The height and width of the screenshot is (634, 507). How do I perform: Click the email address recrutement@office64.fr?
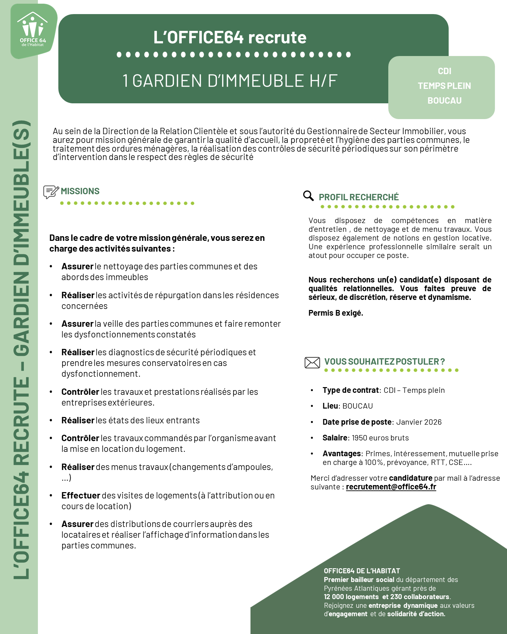[x=391, y=487]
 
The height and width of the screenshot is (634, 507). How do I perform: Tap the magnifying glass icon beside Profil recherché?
[x=308, y=196]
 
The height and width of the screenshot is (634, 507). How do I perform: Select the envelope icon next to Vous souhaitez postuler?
[x=312, y=363]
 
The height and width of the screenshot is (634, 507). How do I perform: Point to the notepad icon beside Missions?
[x=51, y=192]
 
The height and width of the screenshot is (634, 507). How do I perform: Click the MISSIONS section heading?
[x=80, y=191]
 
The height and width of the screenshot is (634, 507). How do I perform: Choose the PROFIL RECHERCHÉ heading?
[x=358, y=197]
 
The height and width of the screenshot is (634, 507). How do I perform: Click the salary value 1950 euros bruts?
[x=380, y=438]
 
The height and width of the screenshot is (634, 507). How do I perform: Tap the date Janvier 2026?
[x=419, y=422]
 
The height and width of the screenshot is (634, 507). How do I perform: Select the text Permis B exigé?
[x=336, y=313]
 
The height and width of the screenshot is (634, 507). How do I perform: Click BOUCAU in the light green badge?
[x=444, y=101]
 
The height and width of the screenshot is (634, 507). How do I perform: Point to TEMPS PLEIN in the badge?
[x=444, y=86]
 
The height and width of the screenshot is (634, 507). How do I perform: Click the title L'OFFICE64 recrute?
[x=230, y=37]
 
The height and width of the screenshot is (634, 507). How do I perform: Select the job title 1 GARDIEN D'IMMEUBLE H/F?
[x=230, y=81]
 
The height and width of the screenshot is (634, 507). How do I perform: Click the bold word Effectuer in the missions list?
[x=81, y=495]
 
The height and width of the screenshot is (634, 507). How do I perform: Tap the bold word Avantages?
[x=341, y=454]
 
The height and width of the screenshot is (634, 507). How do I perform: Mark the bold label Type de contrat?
[x=350, y=390]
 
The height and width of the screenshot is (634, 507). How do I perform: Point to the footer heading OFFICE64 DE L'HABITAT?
[x=362, y=571]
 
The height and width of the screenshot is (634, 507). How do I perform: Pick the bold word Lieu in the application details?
[x=330, y=406]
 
